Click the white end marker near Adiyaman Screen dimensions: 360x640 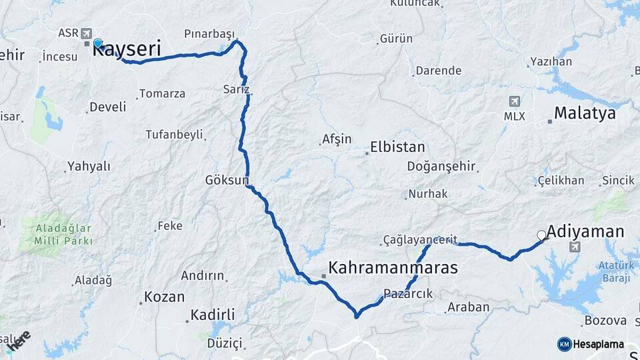coord(542,235)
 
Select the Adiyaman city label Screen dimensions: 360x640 coord(587,232)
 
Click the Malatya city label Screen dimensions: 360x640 coord(584,113)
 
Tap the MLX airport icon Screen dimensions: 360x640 coord(514,101)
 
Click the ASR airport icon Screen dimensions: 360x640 coord(87,33)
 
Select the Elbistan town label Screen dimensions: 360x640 coord(397,147)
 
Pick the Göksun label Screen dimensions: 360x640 coord(227,180)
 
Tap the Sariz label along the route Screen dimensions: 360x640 coord(237,89)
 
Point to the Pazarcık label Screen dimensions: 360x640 coord(409,293)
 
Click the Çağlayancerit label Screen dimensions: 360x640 coord(420,239)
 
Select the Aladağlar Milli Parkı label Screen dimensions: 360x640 coord(64,233)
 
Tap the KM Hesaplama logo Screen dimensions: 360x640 coord(591,344)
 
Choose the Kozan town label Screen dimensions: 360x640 coord(164,297)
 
